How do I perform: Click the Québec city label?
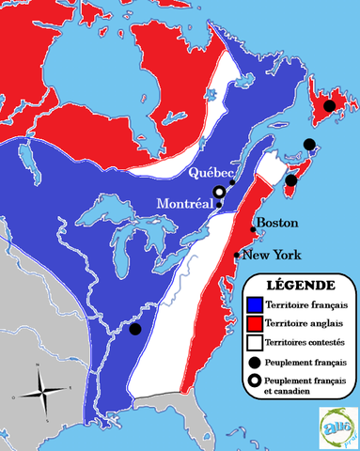pos(211,173)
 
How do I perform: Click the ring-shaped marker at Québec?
pos(219,193)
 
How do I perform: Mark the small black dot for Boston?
pos(252,229)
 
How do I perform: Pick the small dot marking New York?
pos(236,255)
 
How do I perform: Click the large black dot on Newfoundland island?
pos(329,106)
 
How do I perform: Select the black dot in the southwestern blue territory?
pos(135,330)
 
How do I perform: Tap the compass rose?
pos(40,386)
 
